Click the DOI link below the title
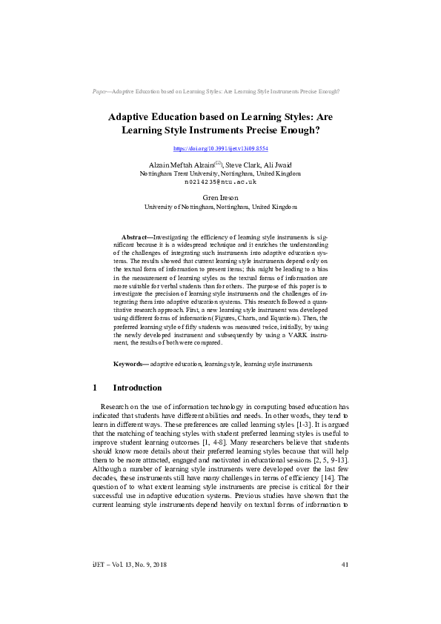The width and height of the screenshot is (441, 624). pyautogui.click(x=220, y=149)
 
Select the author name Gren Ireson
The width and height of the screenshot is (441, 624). pyautogui.click(x=220, y=198)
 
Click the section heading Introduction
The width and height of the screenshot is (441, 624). pyautogui.click(x=137, y=388)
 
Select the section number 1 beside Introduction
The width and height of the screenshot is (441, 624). pyautogui.click(x=95, y=388)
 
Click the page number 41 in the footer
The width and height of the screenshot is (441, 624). pyautogui.click(x=345, y=586)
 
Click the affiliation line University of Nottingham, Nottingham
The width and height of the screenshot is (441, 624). pyautogui.click(x=220, y=207)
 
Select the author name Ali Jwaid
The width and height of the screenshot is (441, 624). pyautogui.click(x=285, y=164)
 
